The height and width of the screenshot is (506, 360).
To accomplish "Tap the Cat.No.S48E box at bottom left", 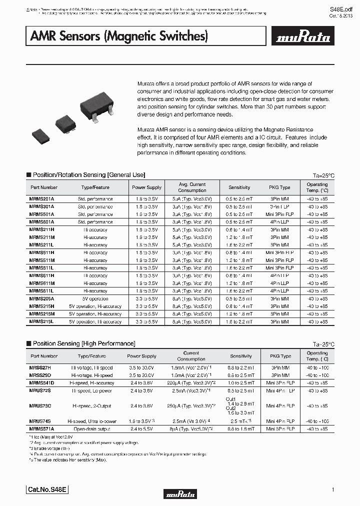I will pyautogui.click(x=45, y=490).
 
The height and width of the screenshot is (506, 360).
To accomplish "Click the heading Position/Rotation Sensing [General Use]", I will pyautogui.click(x=88, y=175).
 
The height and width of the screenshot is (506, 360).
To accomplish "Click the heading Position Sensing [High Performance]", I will pyautogui.click(x=83, y=343).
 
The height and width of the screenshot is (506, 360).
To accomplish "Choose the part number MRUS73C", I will pyautogui.click(x=41, y=406).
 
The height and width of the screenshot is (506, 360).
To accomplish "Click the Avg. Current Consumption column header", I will pyautogui.click(x=192, y=187).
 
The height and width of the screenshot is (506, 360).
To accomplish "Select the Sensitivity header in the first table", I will pyautogui.click(x=239, y=187).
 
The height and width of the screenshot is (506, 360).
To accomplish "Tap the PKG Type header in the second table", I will pyautogui.click(x=279, y=356).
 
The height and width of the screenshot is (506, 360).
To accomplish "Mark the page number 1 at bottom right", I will pyautogui.click(x=332, y=489).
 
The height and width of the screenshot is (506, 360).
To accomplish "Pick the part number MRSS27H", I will pyautogui.click(x=41, y=368).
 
